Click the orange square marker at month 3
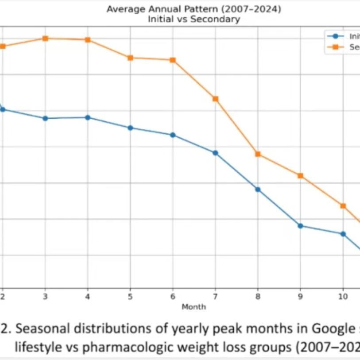pyautogui.click(x=45, y=39)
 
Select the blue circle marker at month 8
pyautogui.click(x=258, y=189)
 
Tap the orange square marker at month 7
pyautogui.click(x=215, y=99)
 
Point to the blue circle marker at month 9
pyautogui.click(x=300, y=226)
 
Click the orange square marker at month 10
pyautogui.click(x=343, y=206)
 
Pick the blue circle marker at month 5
pyautogui.click(x=130, y=128)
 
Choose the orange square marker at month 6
pyautogui.click(x=173, y=60)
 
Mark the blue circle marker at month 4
pyautogui.click(x=88, y=117)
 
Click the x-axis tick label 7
pyautogui.click(x=215, y=296)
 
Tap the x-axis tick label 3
pyautogui.click(x=45, y=296)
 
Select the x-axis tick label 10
pyautogui.click(x=343, y=296)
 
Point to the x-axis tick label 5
pyautogui.click(x=130, y=296)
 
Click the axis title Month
pyautogui.click(x=194, y=306)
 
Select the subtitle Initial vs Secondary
pyautogui.click(x=194, y=19)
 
